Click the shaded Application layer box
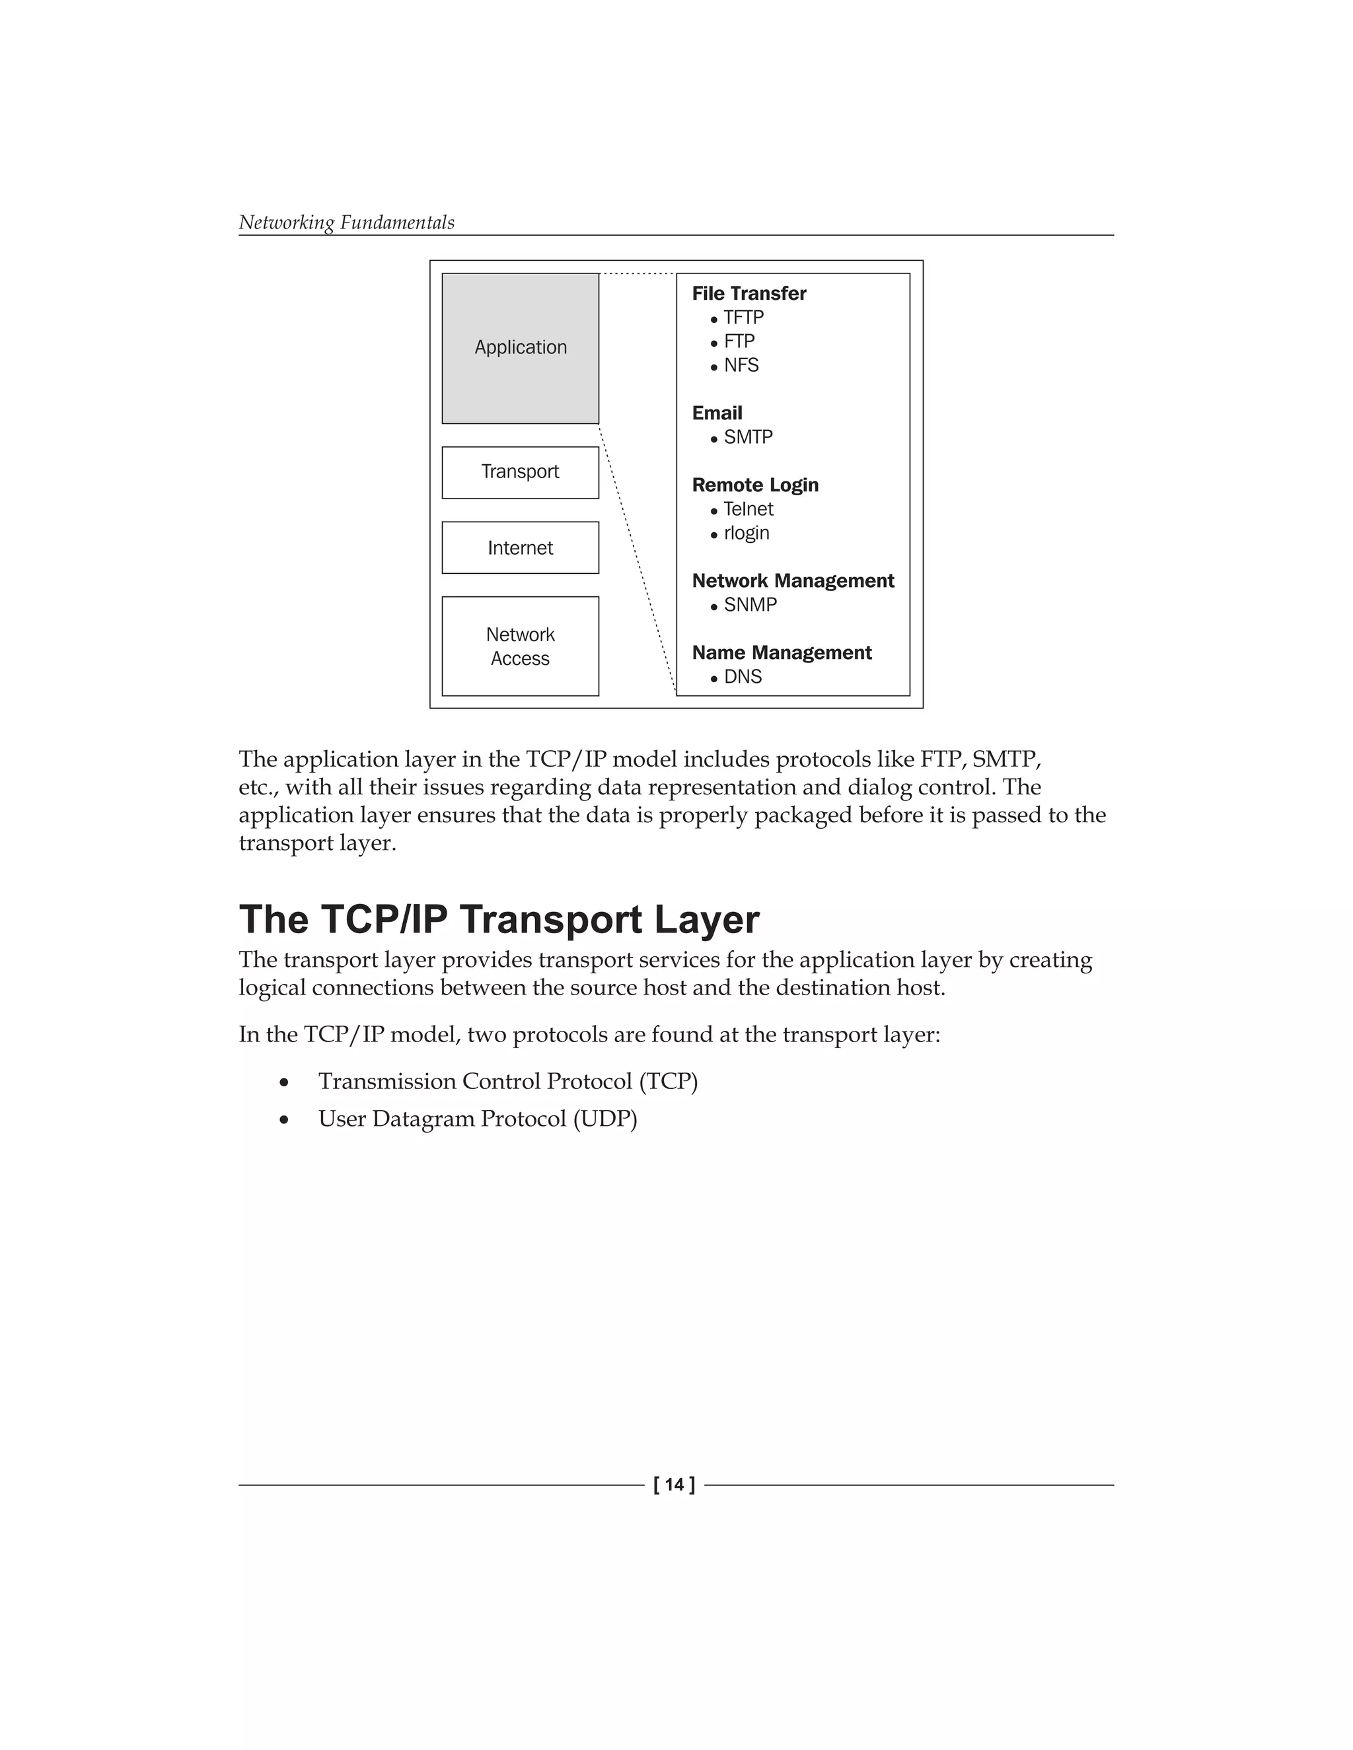520,348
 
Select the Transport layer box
520,472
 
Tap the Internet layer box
520,548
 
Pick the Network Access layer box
520,647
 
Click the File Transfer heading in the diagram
749,294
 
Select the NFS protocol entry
741,365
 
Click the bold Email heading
717,413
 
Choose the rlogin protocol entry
745,534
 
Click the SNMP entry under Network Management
749,605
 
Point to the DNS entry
742,677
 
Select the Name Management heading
782,653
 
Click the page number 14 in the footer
674,1485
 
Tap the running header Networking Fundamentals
346,223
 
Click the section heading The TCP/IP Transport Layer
499,920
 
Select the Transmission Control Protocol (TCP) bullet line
507,1082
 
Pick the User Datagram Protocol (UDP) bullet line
477,1119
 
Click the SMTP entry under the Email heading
748,437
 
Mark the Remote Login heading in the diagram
755,485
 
